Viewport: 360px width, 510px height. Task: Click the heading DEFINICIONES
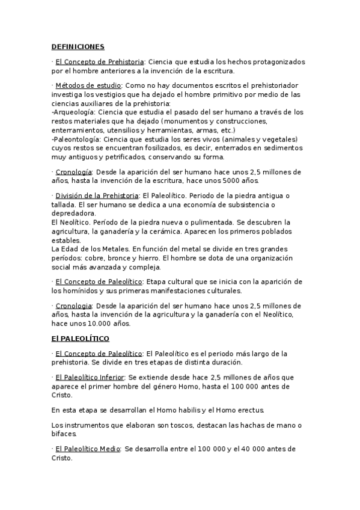[x=78, y=46]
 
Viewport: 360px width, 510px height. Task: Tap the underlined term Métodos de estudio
[x=88, y=85]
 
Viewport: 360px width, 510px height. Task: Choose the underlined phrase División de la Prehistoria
[x=97, y=195]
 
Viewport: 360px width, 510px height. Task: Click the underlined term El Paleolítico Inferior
[x=90, y=377]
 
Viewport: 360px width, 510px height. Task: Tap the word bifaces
[x=64, y=433]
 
